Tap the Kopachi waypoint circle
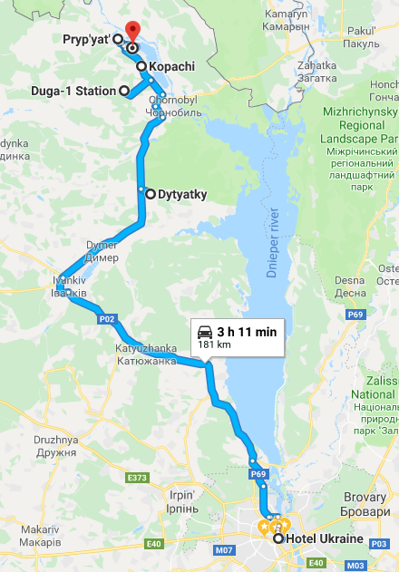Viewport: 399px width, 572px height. click(x=141, y=66)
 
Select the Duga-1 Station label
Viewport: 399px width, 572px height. click(x=76, y=91)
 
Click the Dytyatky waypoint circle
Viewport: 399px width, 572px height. click(x=141, y=192)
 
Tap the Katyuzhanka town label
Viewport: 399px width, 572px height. click(x=146, y=354)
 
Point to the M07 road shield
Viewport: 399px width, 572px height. click(x=224, y=550)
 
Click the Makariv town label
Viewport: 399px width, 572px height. click(x=42, y=535)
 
